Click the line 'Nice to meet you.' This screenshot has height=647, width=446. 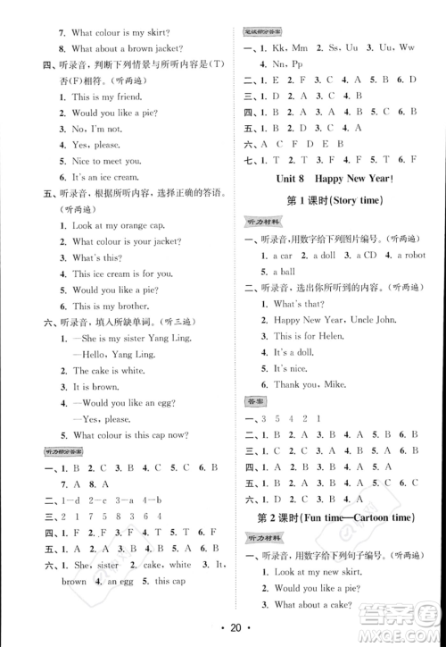pos(106,161)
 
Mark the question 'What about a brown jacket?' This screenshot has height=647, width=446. pos(128,47)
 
